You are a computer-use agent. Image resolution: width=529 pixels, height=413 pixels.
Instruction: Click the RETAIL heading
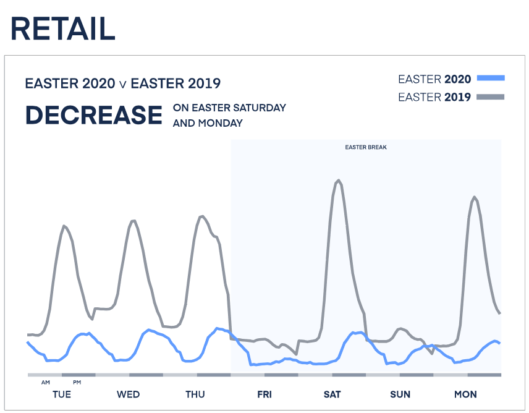(63, 28)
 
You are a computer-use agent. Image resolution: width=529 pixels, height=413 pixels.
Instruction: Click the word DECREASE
(93, 116)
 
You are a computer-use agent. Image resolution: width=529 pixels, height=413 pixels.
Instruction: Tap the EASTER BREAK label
(366, 148)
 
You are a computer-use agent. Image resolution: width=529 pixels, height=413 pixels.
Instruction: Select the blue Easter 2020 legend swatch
(491, 79)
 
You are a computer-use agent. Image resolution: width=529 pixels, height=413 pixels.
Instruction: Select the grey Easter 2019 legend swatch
(491, 97)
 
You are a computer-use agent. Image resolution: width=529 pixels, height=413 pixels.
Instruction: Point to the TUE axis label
(62, 394)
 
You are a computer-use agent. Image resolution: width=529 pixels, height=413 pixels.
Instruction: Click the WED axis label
(128, 394)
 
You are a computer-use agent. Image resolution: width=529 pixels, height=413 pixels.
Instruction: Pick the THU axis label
(195, 394)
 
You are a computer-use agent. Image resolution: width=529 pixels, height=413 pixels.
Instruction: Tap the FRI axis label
(264, 394)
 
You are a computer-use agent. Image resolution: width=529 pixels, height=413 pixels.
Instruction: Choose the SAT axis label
(332, 394)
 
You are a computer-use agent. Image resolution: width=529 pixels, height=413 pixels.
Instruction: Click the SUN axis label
(400, 394)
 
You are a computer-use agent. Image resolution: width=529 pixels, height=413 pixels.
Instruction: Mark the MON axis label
(465, 394)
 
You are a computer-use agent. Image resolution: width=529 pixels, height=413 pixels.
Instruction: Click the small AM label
(46, 383)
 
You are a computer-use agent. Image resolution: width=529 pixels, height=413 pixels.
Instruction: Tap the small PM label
(77, 383)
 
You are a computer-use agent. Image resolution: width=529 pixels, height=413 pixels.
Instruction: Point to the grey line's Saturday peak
(338, 181)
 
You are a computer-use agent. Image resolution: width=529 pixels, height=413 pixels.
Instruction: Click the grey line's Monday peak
(475, 197)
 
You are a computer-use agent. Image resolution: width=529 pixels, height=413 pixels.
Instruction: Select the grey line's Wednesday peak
(132, 220)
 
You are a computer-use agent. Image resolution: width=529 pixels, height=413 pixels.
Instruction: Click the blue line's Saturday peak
(356, 333)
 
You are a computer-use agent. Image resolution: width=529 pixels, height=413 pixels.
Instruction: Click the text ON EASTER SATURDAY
(229, 108)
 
